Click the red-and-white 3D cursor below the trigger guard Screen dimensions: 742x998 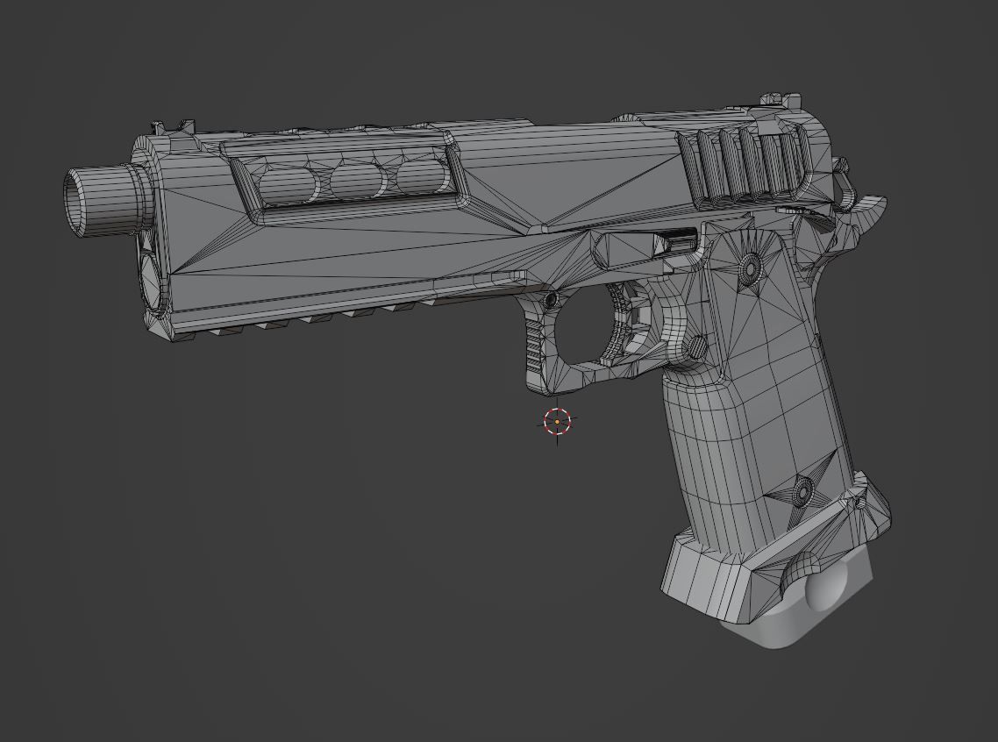tap(557, 422)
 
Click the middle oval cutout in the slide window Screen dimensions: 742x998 tap(358, 180)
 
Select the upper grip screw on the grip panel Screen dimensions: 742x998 tap(750, 267)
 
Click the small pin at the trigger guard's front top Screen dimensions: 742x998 tap(550, 301)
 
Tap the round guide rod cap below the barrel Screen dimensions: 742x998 tap(150, 281)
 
